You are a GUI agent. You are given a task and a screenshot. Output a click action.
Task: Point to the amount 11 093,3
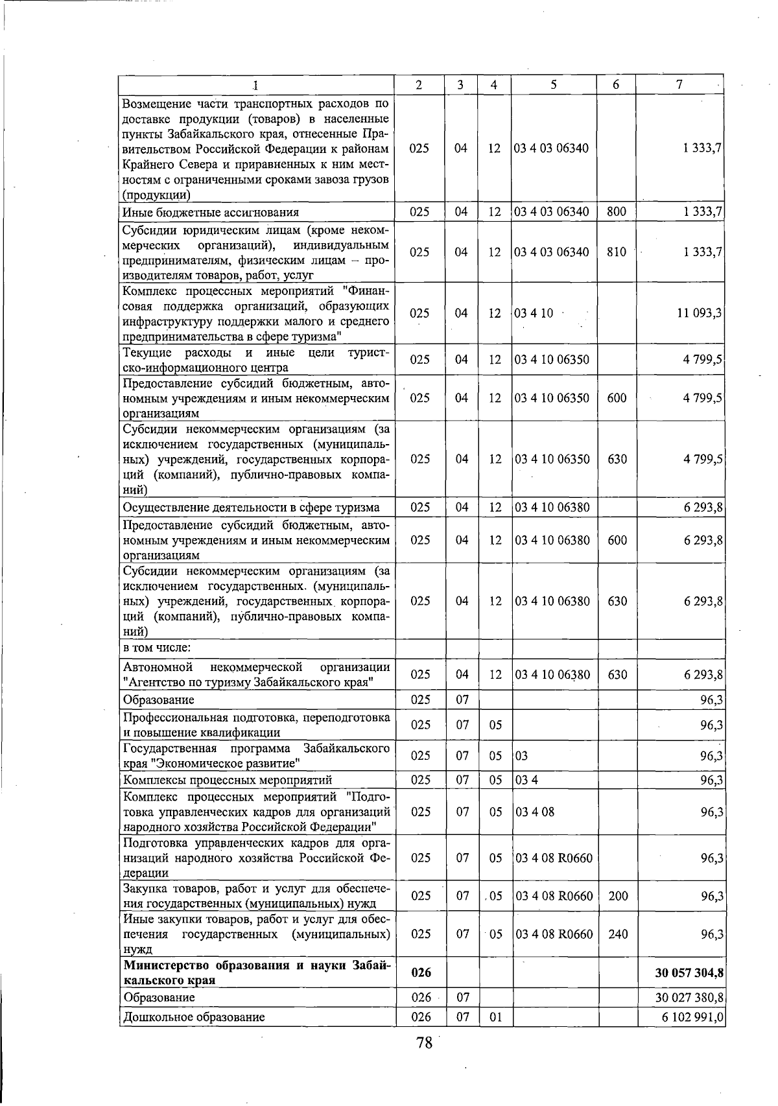[698, 313]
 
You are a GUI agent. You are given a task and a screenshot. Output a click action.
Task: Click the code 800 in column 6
[616, 212]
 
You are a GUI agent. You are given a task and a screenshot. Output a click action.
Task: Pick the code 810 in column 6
[616, 252]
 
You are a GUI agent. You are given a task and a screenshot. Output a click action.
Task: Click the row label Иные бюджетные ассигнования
[211, 212]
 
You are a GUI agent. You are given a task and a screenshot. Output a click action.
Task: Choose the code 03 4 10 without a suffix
[534, 313]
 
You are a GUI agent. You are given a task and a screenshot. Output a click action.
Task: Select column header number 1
[255, 85]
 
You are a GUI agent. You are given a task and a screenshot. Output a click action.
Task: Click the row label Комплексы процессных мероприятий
[228, 780]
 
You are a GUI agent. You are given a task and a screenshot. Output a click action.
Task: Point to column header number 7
[679, 85]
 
